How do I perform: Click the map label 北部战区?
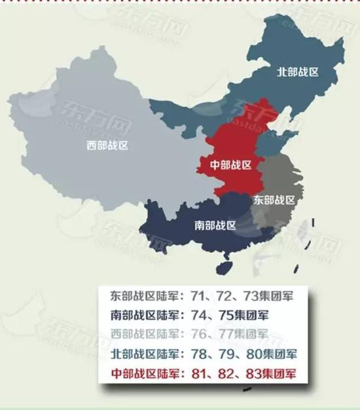click(298, 72)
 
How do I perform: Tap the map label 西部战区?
click(107, 145)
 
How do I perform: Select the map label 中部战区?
click(230, 164)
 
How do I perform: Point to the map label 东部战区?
click(274, 199)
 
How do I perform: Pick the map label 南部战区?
click(215, 226)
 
